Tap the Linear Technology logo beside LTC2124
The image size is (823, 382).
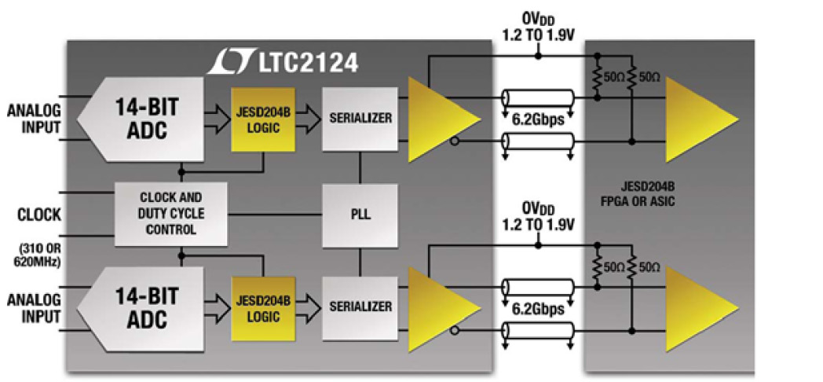click(x=227, y=61)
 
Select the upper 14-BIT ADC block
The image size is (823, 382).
click(x=141, y=118)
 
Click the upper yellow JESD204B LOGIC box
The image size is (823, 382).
click(x=262, y=119)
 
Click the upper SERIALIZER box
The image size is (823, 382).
click(x=360, y=119)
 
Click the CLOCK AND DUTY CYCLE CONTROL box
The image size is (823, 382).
click(x=170, y=212)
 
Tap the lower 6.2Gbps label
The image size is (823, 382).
click(x=538, y=309)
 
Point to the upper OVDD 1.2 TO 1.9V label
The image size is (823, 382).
click(x=538, y=27)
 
